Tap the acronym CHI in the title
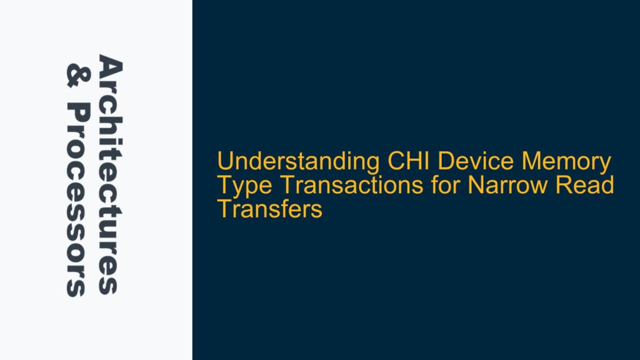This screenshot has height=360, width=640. click(x=399, y=162)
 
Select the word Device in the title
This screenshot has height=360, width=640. click(x=456, y=162)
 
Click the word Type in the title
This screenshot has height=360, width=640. click(x=237, y=186)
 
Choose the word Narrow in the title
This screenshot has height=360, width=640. click(x=481, y=186)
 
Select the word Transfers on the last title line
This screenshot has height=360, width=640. click(x=269, y=209)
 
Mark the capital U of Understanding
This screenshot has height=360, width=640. click(x=224, y=162)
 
